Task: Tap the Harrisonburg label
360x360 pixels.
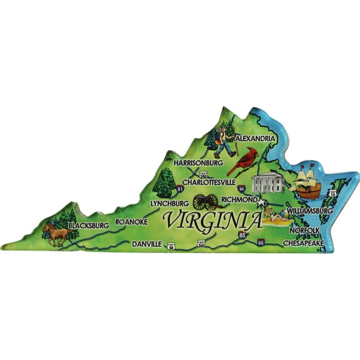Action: (x=198, y=162)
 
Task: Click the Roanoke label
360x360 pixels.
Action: (x=131, y=221)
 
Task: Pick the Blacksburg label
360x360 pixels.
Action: (x=89, y=224)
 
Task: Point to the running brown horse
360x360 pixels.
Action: (x=56, y=234)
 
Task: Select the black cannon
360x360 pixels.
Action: (x=206, y=201)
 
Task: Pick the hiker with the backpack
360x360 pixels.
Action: (x=224, y=141)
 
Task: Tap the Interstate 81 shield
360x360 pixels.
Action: (x=181, y=188)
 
